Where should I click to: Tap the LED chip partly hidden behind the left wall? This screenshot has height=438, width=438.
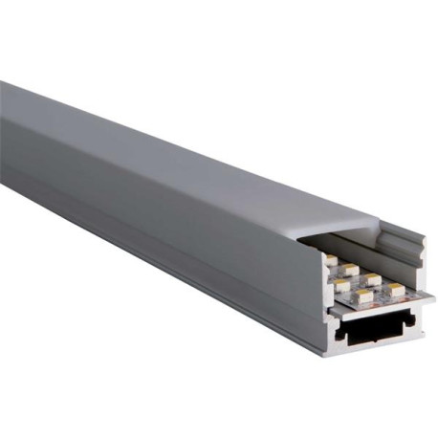click(x=331, y=260)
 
